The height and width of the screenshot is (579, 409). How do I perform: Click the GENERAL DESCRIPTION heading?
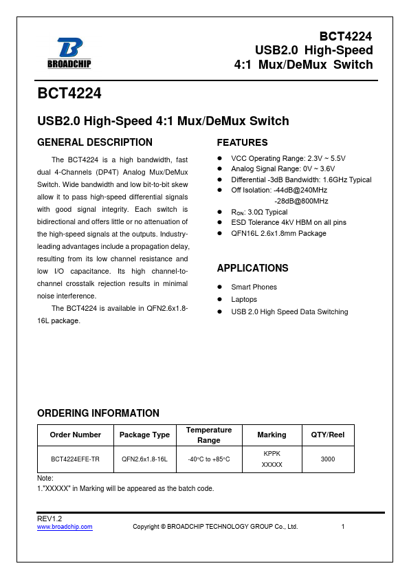[94, 142]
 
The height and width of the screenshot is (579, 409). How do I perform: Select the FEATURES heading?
[242, 143]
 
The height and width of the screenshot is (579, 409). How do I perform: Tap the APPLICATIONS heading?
[252, 268]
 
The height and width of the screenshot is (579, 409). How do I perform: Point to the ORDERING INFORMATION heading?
[98, 413]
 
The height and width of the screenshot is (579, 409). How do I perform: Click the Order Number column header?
[75, 435]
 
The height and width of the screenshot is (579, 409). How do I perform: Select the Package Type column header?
[144, 435]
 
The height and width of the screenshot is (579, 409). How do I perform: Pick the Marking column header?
[272, 435]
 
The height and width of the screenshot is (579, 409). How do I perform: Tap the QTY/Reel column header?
[327, 435]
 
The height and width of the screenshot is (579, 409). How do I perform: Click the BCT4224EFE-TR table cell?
[75, 459]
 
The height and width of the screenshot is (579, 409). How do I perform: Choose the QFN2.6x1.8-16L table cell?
[144, 459]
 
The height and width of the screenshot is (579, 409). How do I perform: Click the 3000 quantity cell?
[328, 459]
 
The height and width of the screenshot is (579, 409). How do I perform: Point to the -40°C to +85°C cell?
[209, 459]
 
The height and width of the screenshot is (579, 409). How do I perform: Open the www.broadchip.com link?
[64, 527]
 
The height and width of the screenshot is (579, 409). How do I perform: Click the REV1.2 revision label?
[49, 518]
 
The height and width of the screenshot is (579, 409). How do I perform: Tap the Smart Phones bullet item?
[254, 287]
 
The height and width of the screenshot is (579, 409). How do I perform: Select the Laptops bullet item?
[244, 299]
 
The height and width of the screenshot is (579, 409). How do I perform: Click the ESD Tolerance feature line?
[289, 222]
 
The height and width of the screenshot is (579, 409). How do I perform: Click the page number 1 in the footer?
[342, 527]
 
